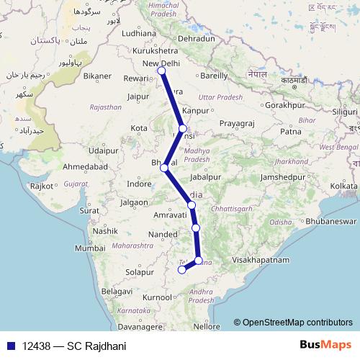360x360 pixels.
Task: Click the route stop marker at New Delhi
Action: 163,71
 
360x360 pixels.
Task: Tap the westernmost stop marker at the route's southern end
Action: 181,271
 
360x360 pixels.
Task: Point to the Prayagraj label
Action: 238,124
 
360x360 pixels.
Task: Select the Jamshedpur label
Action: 284,176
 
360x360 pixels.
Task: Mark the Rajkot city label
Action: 42,186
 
